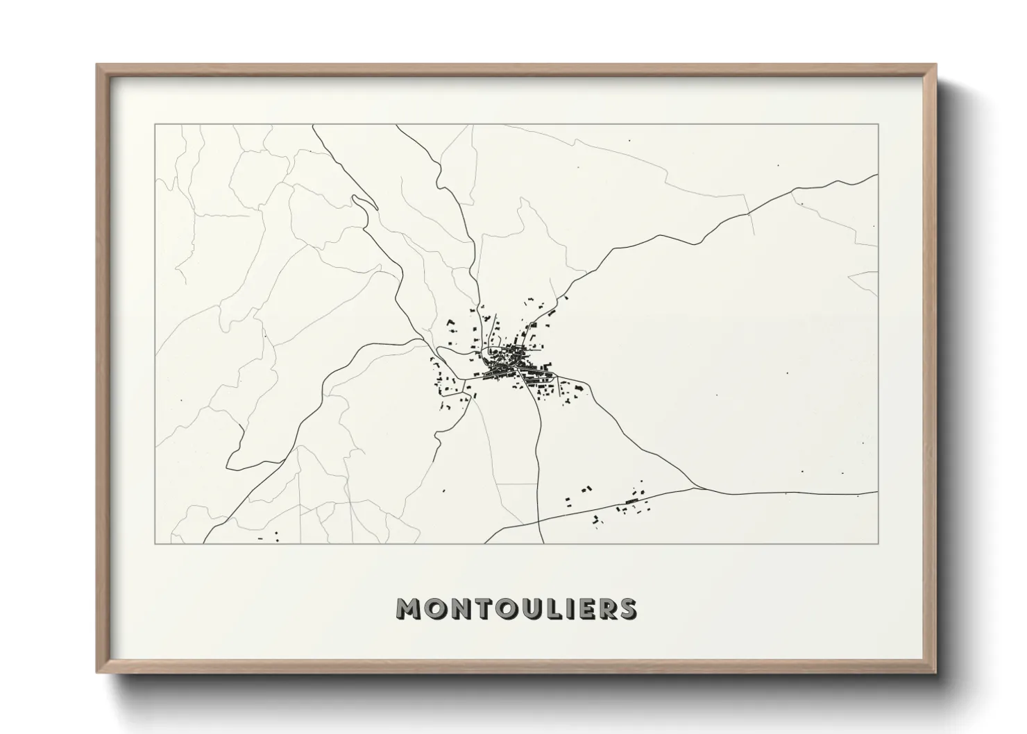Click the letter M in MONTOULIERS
(408, 609)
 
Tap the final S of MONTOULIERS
(627, 609)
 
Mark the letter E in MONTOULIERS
(582, 609)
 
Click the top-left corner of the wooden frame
(97, 65)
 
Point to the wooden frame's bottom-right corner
(935, 673)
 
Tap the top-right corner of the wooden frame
(935, 65)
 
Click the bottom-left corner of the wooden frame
(97, 673)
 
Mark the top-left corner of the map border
(155, 124)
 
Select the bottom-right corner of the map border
(878, 543)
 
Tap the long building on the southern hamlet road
(631, 501)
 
